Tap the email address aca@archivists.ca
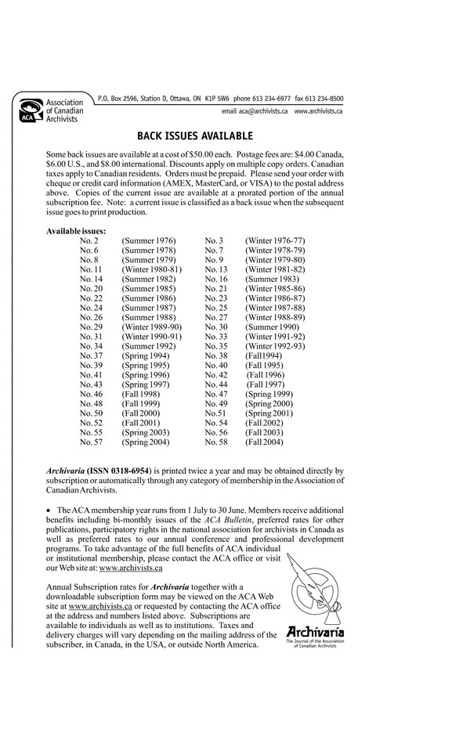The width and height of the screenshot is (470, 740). (255, 113)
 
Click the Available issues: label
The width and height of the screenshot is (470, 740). (76, 231)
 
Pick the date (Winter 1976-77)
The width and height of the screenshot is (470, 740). (275, 240)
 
